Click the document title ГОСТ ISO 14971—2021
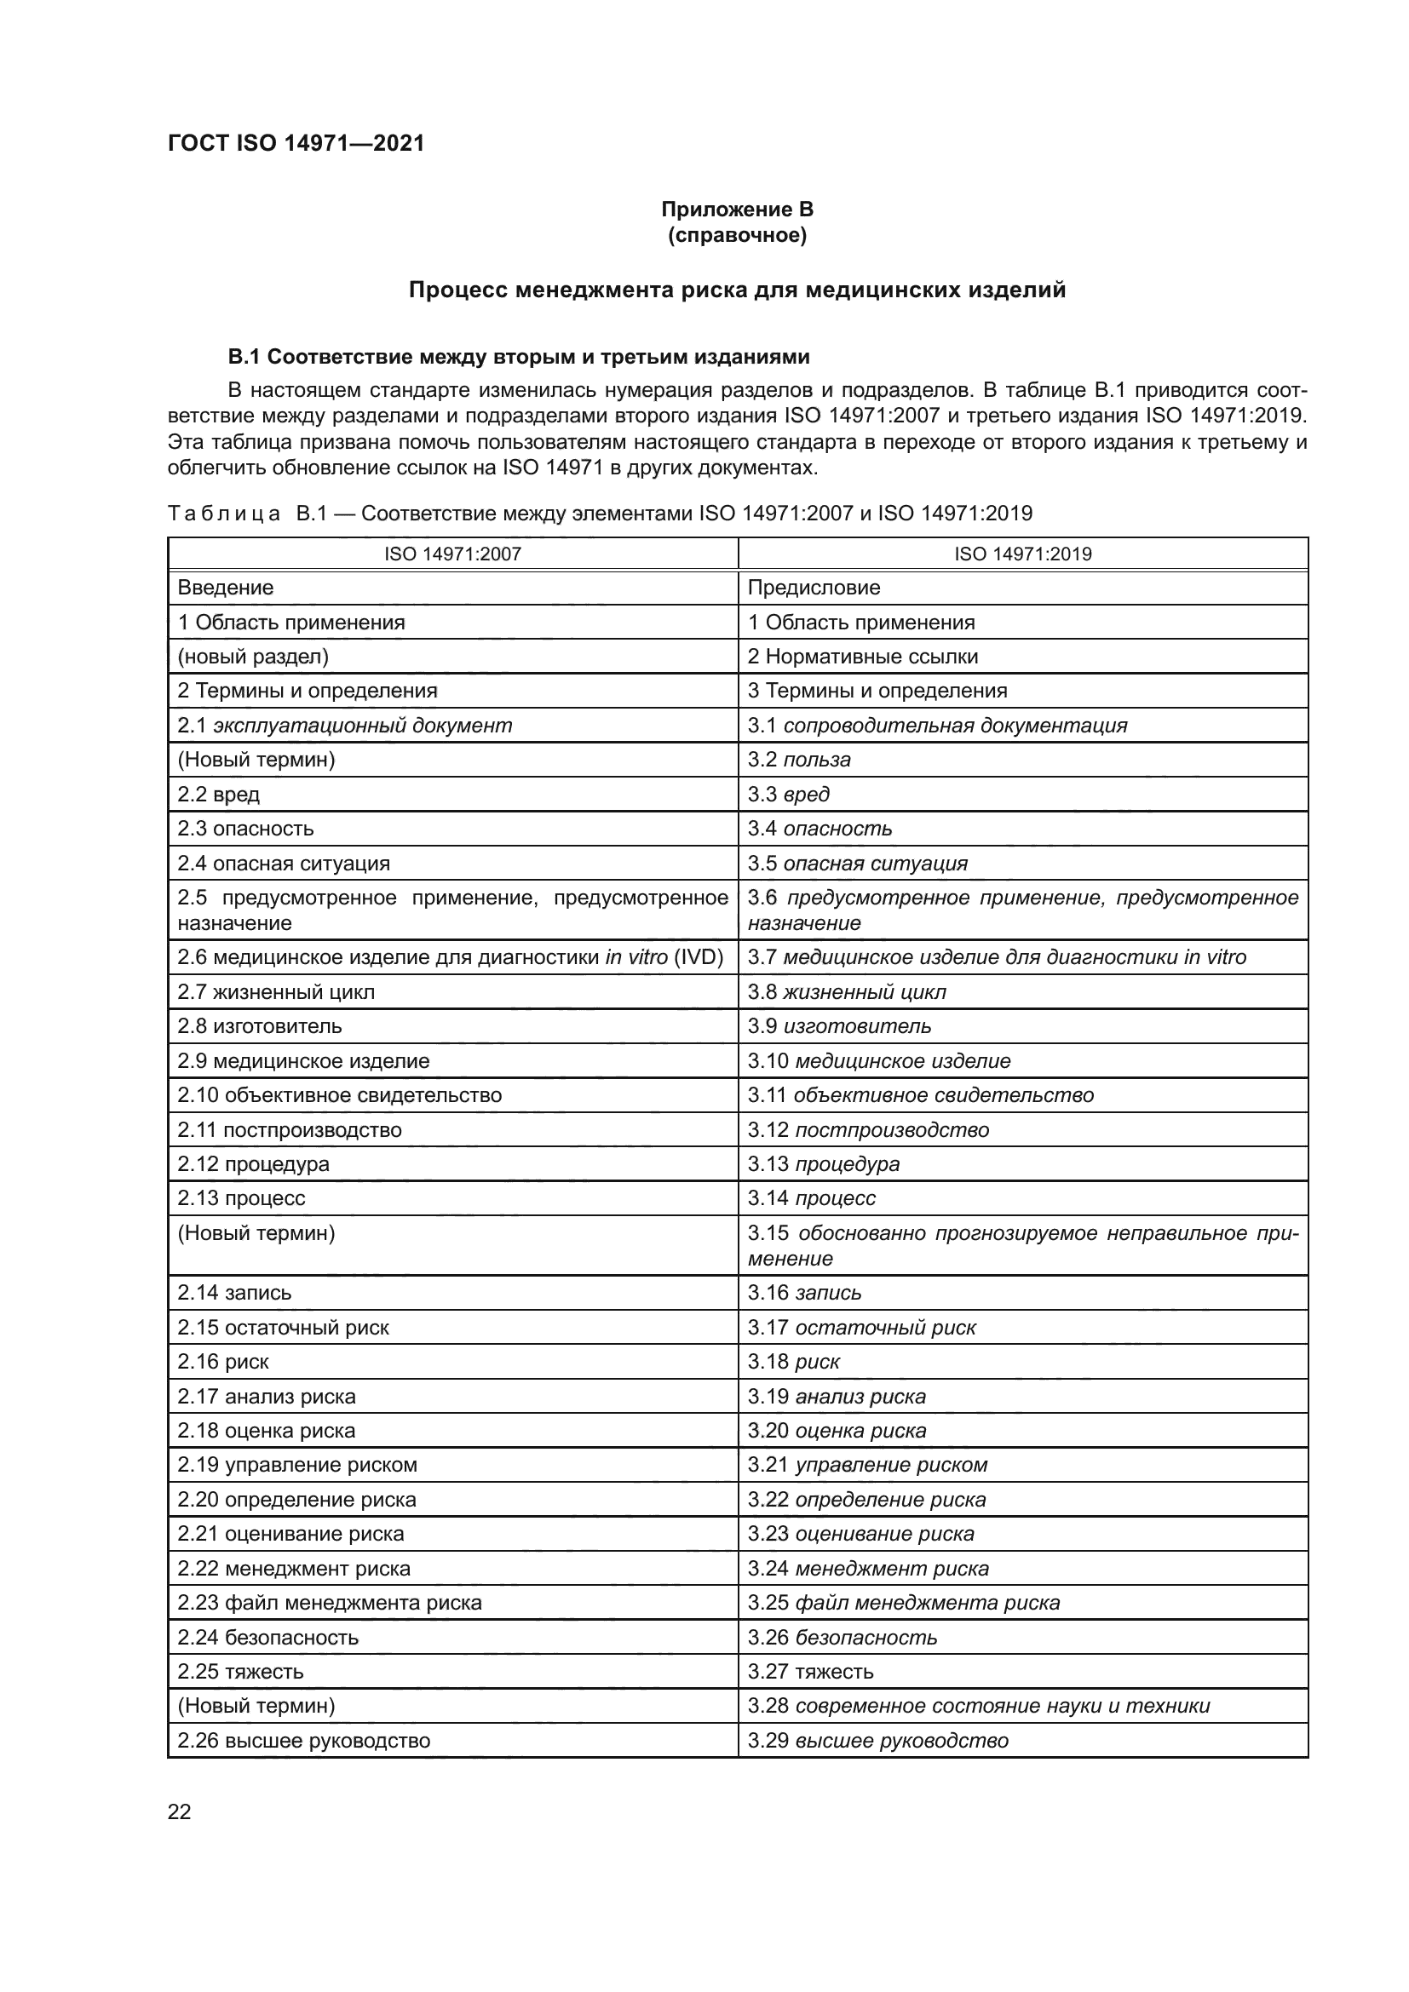[296, 144]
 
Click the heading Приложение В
[737, 210]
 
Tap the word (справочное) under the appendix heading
[737, 235]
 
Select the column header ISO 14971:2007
[452, 554]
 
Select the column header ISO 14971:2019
[1022, 554]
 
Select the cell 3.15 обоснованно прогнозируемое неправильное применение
[1022, 1245]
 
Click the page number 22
[179, 1811]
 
